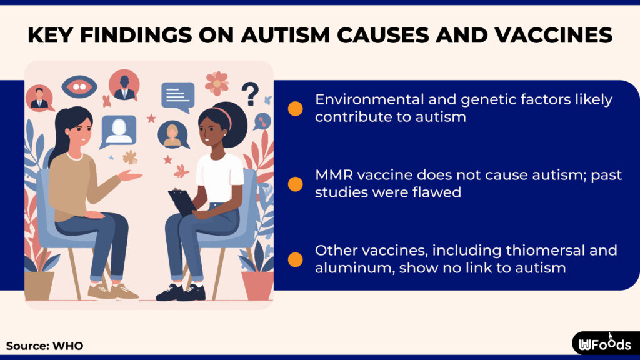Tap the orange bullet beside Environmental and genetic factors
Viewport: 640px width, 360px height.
pyautogui.click(x=296, y=109)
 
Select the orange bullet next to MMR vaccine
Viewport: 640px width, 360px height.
pyautogui.click(x=296, y=184)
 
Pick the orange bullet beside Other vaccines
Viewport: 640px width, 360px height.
pyautogui.click(x=296, y=259)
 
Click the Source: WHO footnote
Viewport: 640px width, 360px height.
pyautogui.click(x=44, y=346)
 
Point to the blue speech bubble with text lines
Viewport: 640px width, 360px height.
pyautogui.click(x=177, y=96)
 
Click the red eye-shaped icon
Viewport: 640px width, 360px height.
pyautogui.click(x=79, y=87)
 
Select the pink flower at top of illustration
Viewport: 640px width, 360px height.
pyautogui.click(x=217, y=82)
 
